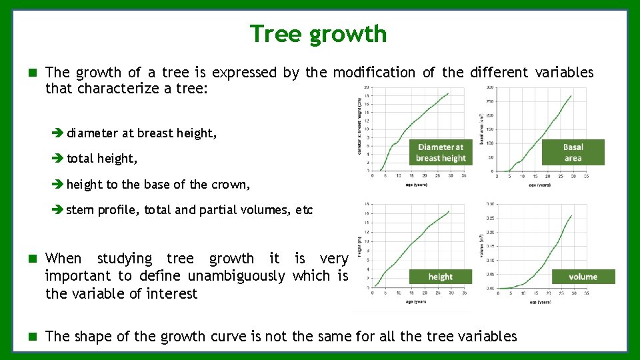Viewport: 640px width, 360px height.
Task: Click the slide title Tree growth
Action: (x=318, y=33)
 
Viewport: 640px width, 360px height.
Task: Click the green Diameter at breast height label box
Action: (x=440, y=153)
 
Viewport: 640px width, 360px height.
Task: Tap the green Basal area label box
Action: (x=573, y=153)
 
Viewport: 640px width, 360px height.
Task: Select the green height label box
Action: (x=440, y=277)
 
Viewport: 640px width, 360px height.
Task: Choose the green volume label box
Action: (x=583, y=277)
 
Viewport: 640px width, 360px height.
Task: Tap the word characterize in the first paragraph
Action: (x=119, y=89)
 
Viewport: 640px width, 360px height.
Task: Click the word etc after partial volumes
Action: (x=304, y=210)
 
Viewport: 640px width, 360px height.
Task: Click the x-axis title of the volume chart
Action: (x=541, y=302)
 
